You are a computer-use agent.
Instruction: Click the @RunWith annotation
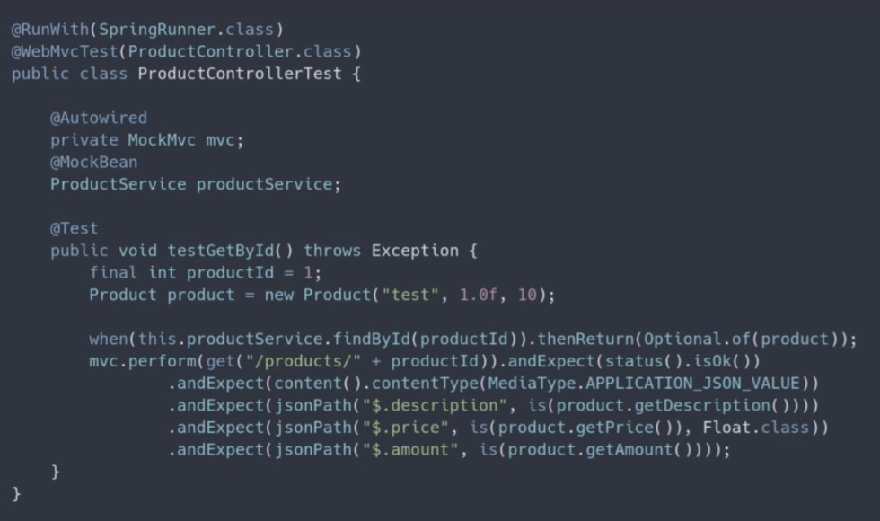click(50, 30)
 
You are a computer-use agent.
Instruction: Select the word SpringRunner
click(157, 30)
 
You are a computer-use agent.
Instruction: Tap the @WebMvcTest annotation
click(65, 52)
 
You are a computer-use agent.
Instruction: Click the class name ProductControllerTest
click(240, 74)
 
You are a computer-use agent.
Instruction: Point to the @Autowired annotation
click(99, 118)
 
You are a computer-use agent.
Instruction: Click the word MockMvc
click(162, 140)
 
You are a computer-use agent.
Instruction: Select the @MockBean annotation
click(93, 163)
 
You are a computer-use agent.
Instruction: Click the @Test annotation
click(74, 228)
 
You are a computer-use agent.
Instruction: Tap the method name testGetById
click(221, 251)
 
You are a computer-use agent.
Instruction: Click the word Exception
click(415, 251)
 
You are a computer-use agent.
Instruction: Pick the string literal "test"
click(409, 295)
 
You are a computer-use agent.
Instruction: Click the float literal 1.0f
click(478, 295)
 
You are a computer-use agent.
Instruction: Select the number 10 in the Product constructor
click(527, 295)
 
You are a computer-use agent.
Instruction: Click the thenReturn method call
click(585, 340)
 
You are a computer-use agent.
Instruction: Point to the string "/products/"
click(304, 361)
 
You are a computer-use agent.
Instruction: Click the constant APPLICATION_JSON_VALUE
click(693, 384)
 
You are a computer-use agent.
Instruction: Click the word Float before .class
click(726, 428)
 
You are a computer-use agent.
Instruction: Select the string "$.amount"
click(410, 450)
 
